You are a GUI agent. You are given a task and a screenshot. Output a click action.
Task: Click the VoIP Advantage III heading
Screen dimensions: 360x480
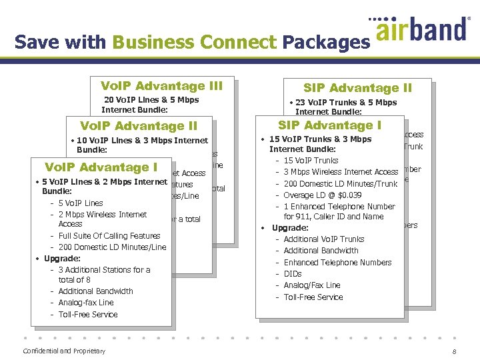click(x=161, y=86)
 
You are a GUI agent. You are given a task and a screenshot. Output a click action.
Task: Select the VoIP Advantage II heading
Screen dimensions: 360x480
click(x=139, y=126)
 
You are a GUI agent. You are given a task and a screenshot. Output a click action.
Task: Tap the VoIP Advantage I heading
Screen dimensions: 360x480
click(x=101, y=167)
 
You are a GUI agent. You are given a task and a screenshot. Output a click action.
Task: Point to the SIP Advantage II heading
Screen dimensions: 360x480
click(x=357, y=88)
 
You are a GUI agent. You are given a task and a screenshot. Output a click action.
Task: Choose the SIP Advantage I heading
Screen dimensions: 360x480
click(x=329, y=125)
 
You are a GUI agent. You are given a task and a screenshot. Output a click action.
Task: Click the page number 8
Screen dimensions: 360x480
click(x=454, y=351)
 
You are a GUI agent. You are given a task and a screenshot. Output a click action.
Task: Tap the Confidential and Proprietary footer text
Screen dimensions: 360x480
click(x=64, y=351)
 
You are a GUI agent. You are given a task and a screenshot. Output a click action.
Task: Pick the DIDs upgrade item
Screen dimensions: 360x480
click(x=293, y=274)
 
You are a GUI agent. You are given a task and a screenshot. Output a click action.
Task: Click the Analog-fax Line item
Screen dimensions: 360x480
click(x=86, y=303)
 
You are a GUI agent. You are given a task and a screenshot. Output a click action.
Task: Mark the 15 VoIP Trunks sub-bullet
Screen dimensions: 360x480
click(x=311, y=161)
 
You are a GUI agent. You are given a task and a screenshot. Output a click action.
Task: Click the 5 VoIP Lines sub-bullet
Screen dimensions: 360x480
click(x=81, y=203)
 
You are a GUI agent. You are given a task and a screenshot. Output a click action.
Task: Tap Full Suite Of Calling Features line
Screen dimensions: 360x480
click(x=109, y=236)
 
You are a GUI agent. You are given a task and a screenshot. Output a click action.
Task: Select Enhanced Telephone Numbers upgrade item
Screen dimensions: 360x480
click(x=337, y=263)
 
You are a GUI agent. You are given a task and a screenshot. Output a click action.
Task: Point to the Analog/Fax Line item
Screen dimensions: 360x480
click(x=311, y=285)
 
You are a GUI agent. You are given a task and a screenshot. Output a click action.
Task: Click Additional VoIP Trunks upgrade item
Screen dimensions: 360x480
click(x=324, y=239)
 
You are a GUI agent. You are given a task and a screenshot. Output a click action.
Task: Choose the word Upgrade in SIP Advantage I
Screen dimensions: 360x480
click(x=290, y=228)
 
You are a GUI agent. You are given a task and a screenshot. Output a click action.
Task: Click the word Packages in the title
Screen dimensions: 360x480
click(x=326, y=42)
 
